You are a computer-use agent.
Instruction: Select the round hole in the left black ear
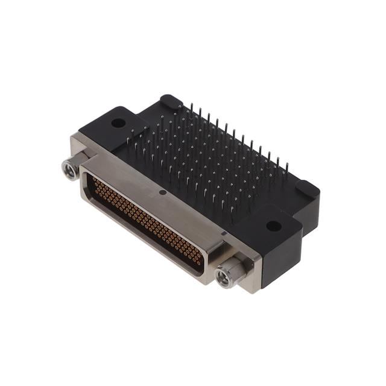[x=119, y=123]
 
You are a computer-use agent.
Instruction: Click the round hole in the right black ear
[x=273, y=227]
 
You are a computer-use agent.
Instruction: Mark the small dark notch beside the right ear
[x=224, y=232]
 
